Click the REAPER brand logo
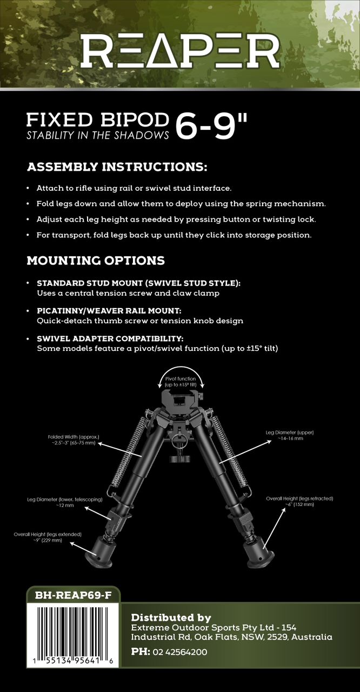coord(180,51)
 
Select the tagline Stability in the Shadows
coord(97,135)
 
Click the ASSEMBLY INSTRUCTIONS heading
coord(117,167)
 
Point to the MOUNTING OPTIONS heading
coord(96,261)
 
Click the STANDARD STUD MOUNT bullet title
coord(138,283)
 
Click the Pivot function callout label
coord(181,382)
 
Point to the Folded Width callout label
coord(72,439)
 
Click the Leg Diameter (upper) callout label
coord(290,435)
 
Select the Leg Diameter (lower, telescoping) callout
coord(65,503)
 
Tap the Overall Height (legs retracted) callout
coord(299,501)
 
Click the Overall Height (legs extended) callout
coord(48,537)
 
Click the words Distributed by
coord(171,617)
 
